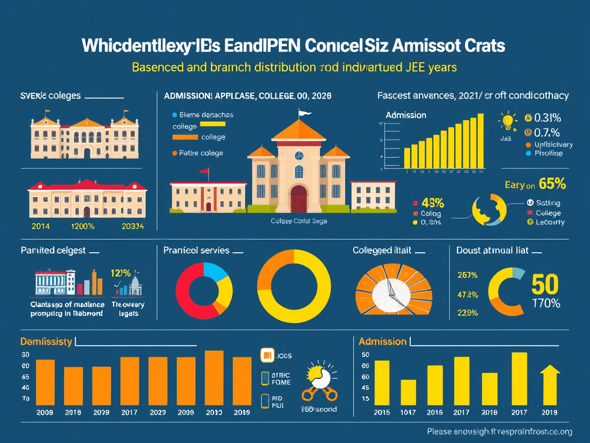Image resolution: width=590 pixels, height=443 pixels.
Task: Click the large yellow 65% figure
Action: (552, 185)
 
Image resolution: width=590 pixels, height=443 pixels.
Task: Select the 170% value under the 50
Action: (544, 303)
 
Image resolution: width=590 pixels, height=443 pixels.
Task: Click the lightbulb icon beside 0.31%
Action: (508, 122)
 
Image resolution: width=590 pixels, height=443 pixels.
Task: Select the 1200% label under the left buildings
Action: (83, 227)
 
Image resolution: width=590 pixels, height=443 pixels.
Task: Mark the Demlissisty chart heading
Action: (46, 341)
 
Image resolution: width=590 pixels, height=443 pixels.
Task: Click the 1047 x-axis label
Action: (409, 413)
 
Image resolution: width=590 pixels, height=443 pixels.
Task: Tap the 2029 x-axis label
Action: (101, 413)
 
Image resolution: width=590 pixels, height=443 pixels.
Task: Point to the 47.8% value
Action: (467, 295)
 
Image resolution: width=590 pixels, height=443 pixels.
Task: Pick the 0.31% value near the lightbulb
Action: (548, 118)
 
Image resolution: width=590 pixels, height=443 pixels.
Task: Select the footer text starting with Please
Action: (500, 431)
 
